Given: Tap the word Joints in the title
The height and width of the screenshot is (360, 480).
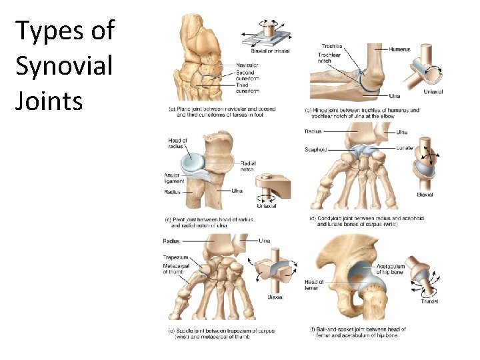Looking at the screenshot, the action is (x=49, y=101).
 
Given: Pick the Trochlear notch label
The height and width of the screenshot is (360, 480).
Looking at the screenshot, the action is (x=329, y=58).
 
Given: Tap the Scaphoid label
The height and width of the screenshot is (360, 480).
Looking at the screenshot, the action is (x=316, y=150).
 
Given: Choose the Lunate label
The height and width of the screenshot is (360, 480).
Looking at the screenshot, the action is (x=404, y=148).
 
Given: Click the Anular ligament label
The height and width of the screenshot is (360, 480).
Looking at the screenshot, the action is (x=173, y=179).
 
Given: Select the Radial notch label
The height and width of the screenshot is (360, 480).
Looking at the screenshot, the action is (x=248, y=167).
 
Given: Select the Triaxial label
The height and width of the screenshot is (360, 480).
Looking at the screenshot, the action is (x=429, y=302).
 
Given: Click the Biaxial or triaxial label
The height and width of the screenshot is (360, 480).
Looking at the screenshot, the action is (x=269, y=51).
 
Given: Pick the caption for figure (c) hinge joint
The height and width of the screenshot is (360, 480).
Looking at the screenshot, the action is (x=361, y=113).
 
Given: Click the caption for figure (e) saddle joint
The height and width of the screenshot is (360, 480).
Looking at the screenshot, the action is (x=219, y=333).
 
